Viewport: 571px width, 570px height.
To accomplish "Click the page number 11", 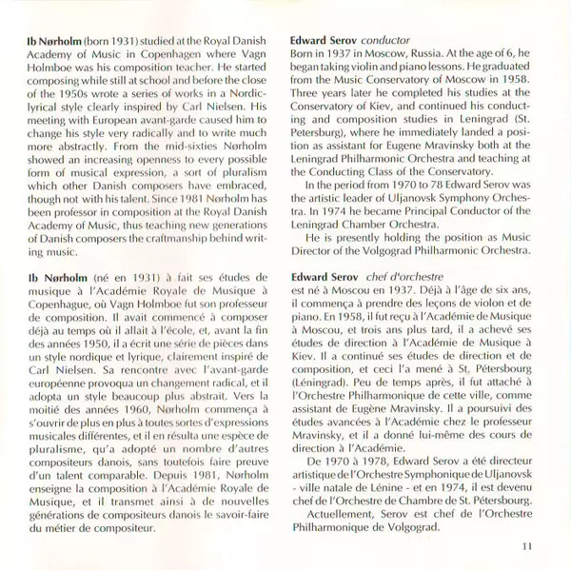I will pos(528,544).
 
